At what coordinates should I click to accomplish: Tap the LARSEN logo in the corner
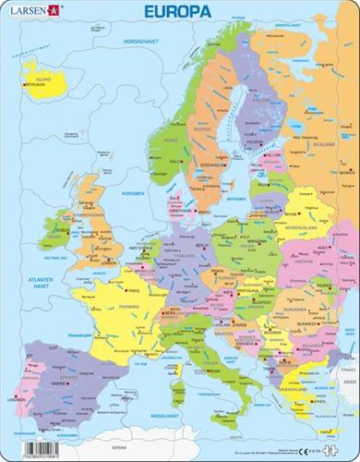26,10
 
